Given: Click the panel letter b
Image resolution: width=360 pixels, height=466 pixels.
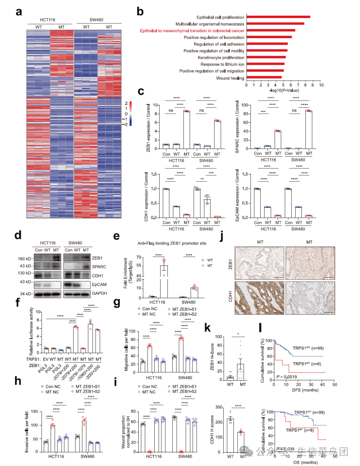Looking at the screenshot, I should click(140, 12).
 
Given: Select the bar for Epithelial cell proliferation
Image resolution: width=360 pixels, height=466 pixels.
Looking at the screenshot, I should click(278, 17).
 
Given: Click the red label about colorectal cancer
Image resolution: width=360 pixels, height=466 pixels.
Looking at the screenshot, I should click(192, 31).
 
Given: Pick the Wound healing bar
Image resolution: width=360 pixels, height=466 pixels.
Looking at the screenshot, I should click(264, 78).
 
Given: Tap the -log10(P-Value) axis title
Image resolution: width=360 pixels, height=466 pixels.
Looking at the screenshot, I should click(284, 90).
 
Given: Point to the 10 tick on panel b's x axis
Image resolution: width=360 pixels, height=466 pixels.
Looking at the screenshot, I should click(321, 85).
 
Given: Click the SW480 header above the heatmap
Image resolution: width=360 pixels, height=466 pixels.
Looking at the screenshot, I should click(96, 20).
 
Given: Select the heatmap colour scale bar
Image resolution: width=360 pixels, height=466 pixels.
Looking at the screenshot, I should click(130, 114).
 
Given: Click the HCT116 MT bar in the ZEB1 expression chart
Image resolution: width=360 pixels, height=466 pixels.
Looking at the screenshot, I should click(187, 130).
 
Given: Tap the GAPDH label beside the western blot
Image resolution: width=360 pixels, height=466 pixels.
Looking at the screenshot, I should click(99, 293).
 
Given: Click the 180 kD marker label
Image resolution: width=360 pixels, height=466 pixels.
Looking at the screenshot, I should click(25, 259).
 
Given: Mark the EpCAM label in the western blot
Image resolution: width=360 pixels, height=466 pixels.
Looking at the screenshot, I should click(99, 285).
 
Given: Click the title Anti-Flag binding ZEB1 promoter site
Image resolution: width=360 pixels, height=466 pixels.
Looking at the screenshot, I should click(172, 244).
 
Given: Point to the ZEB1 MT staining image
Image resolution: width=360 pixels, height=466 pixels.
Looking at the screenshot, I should click(310, 263).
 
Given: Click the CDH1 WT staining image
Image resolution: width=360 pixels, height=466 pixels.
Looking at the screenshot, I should click(260, 298).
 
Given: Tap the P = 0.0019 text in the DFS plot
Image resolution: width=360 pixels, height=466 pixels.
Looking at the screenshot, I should click(287, 377).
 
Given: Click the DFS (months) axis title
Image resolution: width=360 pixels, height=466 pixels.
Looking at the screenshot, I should click(305, 390).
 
